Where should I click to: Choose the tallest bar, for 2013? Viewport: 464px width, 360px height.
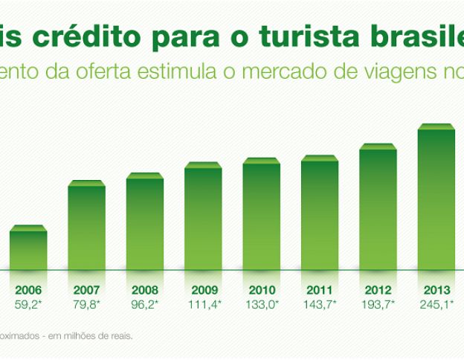point(436,197)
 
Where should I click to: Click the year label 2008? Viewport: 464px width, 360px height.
point(145,290)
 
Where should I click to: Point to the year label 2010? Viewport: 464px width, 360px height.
point(262,290)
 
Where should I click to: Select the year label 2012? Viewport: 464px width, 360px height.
point(378,290)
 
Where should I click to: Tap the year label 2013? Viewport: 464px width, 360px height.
point(436,290)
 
